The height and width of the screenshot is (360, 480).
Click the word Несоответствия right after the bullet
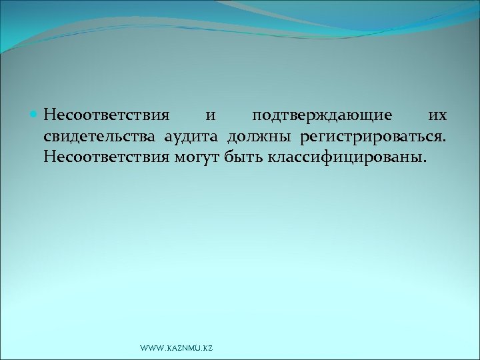(107, 116)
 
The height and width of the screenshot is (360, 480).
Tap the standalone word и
(210, 116)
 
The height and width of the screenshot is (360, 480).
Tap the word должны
(260, 138)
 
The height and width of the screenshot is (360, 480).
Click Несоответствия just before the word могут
(107, 159)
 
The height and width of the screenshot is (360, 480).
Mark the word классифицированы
(344, 159)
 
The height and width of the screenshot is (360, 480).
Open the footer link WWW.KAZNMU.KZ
(177, 348)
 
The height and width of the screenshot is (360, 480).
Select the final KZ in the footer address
(207, 348)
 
